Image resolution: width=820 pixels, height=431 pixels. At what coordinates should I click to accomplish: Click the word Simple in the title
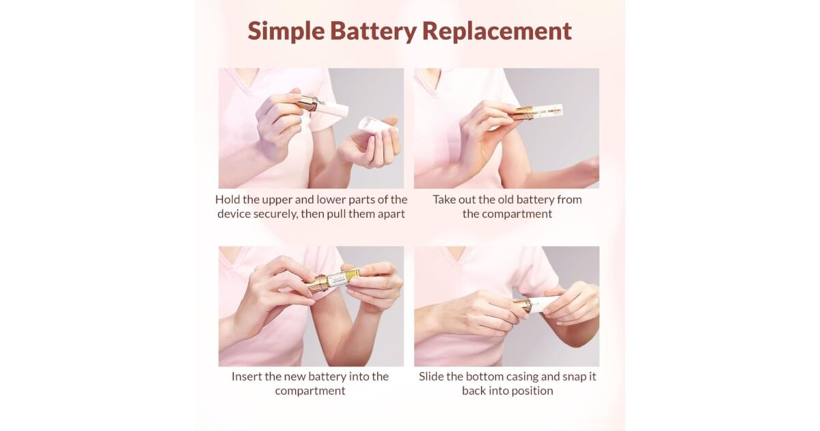point(286,32)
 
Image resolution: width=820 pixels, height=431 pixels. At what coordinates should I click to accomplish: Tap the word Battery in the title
point(373,32)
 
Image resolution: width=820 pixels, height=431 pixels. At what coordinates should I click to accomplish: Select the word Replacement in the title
point(497,31)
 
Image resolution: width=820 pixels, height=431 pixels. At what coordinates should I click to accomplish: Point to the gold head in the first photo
point(307,103)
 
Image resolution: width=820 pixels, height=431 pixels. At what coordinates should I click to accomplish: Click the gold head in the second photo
point(521,113)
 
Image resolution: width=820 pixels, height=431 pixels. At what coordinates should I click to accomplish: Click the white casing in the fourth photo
point(545,304)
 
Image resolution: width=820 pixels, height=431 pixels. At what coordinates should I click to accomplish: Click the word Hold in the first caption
point(228,199)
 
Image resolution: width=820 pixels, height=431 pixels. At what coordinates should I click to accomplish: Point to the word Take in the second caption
point(444,199)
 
